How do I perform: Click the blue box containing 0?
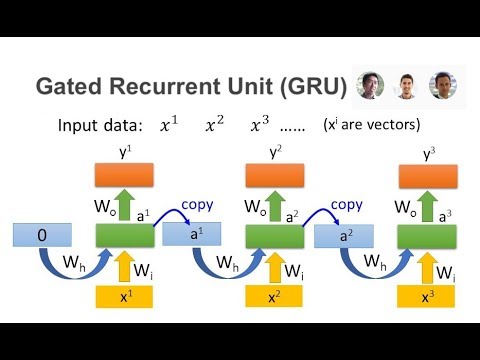43,238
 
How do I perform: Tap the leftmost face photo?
371,86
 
